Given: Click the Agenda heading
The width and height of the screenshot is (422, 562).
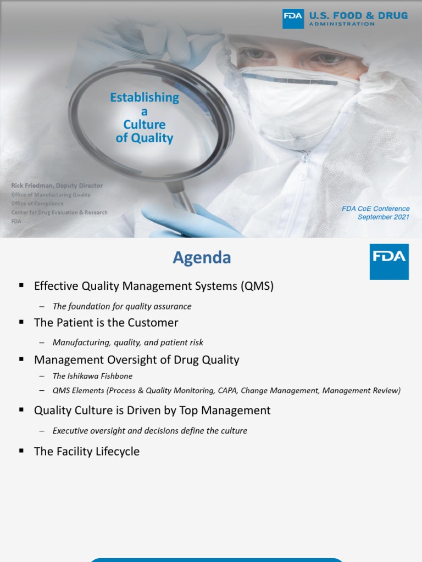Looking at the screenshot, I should coord(202,257).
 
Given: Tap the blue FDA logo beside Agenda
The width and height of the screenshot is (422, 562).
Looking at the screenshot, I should coord(389,262).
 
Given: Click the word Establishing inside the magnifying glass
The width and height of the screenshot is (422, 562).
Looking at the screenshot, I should coord(145,98).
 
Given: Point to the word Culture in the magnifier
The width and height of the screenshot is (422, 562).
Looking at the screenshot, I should coord(145,125).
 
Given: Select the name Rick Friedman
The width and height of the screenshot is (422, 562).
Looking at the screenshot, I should coord(32,186).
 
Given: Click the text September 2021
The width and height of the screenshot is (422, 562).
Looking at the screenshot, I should coord(384,217).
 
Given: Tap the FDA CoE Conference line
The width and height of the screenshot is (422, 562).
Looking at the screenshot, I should coord(376,209).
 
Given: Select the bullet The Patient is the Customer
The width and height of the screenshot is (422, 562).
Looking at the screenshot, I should coord(106,323).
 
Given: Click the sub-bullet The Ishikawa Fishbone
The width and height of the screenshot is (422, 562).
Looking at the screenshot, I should coord(92,376).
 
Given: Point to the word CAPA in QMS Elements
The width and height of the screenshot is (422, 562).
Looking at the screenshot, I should coord(225,391).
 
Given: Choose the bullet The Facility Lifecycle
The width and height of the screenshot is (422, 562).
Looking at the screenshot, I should coord(87,452).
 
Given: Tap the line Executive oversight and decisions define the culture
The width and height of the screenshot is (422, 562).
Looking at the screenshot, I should coord(150,431).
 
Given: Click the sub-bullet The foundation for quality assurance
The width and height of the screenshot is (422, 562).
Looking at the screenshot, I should coord(122,306).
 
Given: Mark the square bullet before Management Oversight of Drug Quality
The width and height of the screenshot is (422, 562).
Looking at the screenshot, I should coord(21,359).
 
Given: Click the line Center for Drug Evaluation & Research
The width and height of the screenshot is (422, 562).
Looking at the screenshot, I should coord(59,212).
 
